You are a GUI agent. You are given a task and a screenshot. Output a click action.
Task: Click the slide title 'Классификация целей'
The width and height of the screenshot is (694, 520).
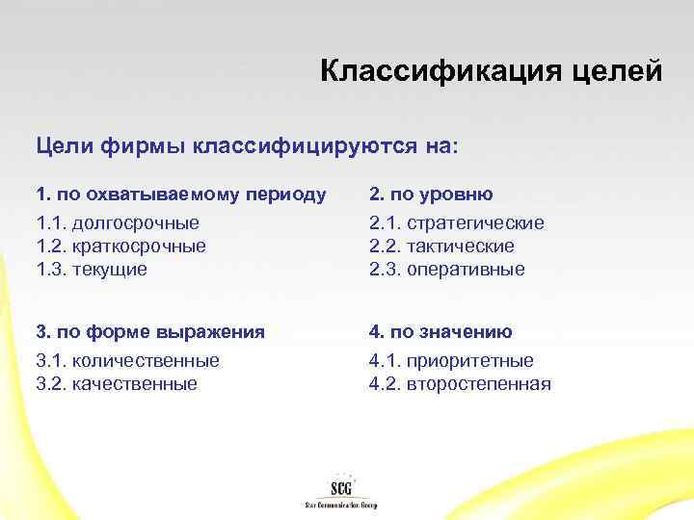point(491,71)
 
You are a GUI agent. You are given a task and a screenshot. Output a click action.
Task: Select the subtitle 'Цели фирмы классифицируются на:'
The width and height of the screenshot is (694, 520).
point(249,146)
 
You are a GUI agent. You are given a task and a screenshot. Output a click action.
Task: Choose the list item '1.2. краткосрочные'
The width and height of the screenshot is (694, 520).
point(121,246)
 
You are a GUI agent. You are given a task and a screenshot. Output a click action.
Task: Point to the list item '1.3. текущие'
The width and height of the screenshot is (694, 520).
point(93,269)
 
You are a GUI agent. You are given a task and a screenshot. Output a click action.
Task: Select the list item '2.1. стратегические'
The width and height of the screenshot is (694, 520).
point(456,222)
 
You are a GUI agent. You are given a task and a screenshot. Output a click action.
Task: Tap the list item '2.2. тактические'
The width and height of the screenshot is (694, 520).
point(441,246)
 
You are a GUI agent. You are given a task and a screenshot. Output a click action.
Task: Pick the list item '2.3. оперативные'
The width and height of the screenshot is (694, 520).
point(447,269)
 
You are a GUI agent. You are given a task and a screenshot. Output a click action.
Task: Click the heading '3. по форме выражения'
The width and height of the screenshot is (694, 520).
point(150,332)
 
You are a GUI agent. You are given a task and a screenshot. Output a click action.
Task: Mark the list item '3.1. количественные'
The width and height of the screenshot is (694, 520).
point(127,361)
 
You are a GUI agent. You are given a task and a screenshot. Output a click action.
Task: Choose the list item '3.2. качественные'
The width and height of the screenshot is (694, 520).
point(117,384)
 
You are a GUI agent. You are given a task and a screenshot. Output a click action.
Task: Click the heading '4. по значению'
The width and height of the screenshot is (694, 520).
point(440,332)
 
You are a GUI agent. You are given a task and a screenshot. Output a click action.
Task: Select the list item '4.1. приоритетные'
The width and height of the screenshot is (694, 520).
point(451,361)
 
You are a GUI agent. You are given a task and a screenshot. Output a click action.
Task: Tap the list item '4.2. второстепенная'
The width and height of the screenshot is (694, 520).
point(460,384)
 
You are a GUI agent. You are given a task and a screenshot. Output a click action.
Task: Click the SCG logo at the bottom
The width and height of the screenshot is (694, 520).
point(339,484)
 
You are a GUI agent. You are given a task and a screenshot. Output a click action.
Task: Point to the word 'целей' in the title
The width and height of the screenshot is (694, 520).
point(618,71)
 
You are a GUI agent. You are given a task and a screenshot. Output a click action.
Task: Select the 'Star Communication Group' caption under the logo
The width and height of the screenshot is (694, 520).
point(340,505)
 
